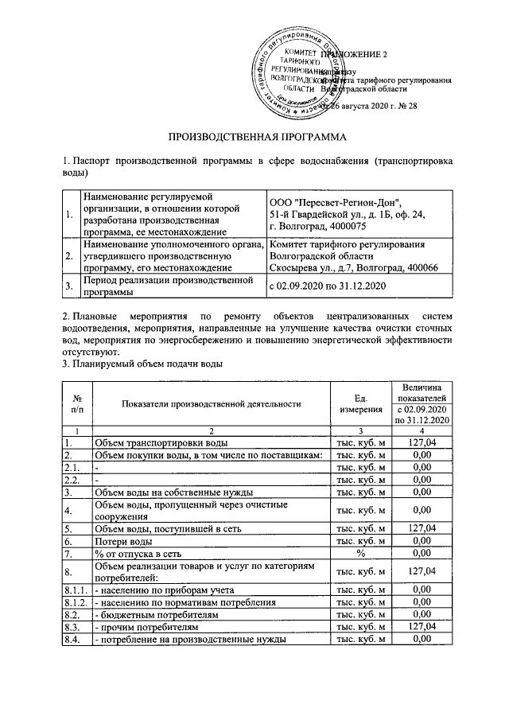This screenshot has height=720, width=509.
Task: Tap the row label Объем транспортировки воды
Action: [x=162, y=442]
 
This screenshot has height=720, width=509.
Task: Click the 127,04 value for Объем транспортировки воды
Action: [x=422, y=442]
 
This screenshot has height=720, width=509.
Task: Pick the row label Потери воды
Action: [x=119, y=540]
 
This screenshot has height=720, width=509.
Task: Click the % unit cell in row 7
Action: [x=361, y=554]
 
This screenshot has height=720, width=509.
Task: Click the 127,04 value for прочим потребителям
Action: [x=422, y=628]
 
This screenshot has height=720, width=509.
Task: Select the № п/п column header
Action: [x=78, y=403]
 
